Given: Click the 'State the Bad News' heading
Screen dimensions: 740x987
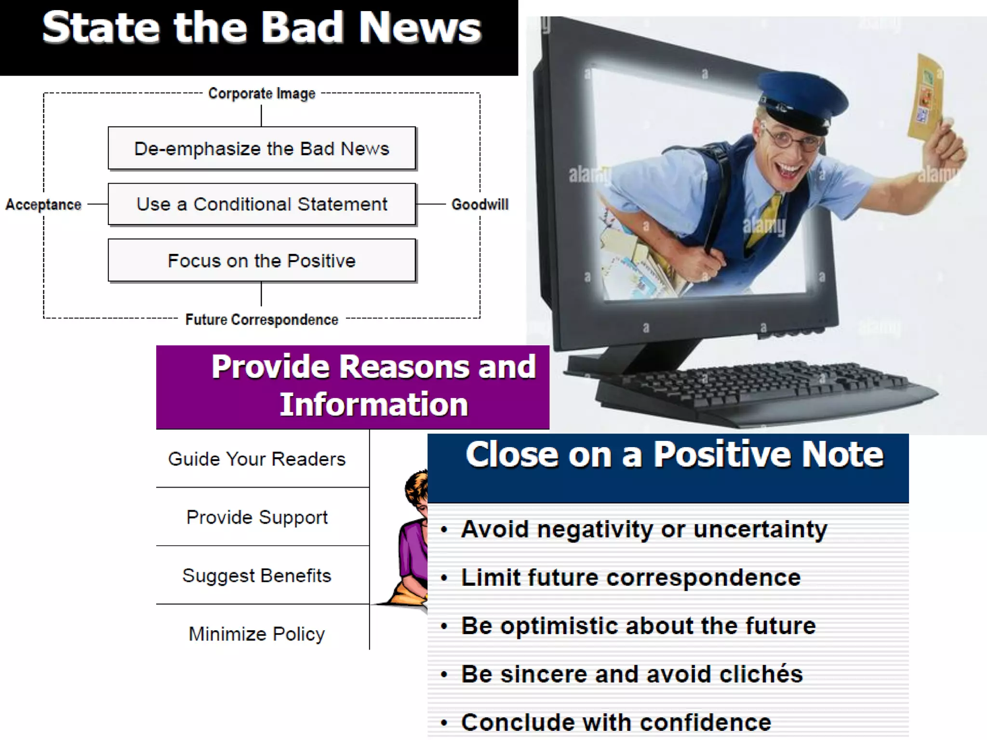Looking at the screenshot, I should click(x=261, y=28).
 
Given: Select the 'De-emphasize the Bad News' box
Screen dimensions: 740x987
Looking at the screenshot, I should click(x=262, y=148).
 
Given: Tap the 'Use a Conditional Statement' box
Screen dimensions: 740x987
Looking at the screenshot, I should click(x=262, y=204).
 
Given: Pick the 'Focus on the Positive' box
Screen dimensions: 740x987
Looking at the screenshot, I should click(x=262, y=261).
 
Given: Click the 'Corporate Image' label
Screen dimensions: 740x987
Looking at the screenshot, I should click(x=262, y=93).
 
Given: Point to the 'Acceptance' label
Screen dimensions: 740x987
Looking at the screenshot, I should click(x=43, y=205).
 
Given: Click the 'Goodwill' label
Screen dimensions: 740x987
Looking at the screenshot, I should click(x=480, y=205).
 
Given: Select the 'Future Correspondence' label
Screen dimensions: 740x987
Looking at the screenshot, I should click(x=262, y=320).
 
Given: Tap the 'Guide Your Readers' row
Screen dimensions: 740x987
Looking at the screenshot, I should click(x=257, y=459).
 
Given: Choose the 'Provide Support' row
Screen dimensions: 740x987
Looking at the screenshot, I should click(x=257, y=517).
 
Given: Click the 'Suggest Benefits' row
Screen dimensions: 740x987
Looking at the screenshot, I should click(x=257, y=576).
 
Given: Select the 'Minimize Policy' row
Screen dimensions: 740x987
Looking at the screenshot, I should click(x=257, y=634).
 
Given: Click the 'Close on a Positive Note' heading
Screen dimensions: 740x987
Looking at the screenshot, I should click(x=674, y=455).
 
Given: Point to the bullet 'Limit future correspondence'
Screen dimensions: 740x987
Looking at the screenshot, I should click(x=630, y=578).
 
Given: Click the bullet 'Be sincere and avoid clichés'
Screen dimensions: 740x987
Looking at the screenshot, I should click(x=631, y=674).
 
